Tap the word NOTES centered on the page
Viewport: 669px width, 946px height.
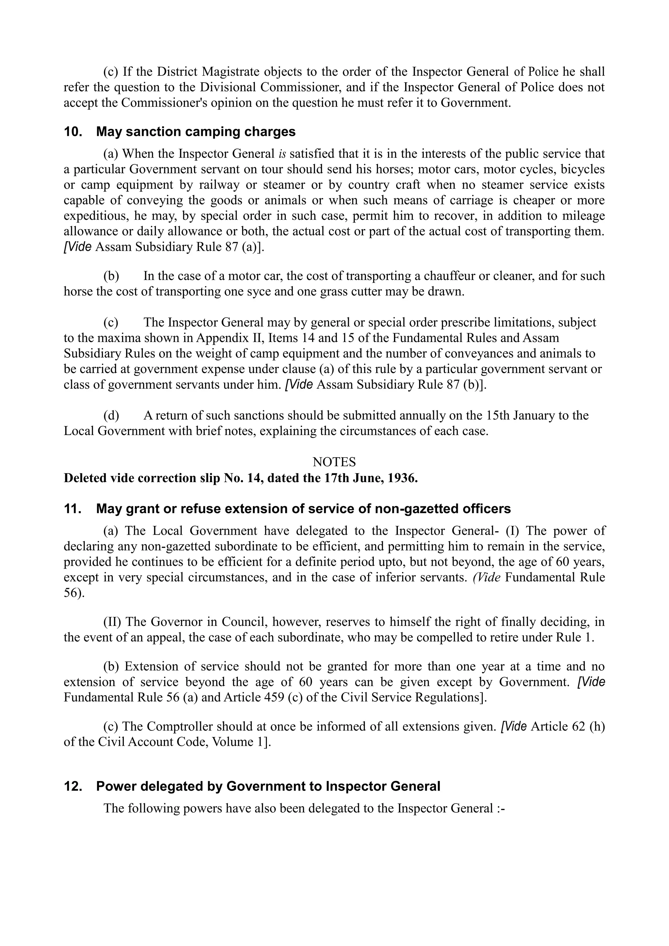[334, 462]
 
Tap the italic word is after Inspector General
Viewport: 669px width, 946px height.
[282, 154]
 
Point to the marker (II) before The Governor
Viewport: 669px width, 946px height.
[112, 621]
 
